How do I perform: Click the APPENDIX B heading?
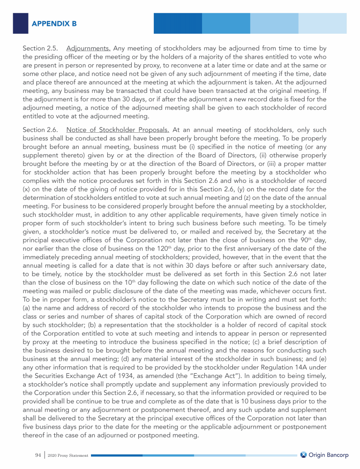click(54, 23)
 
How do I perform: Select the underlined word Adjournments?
click(89, 48)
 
